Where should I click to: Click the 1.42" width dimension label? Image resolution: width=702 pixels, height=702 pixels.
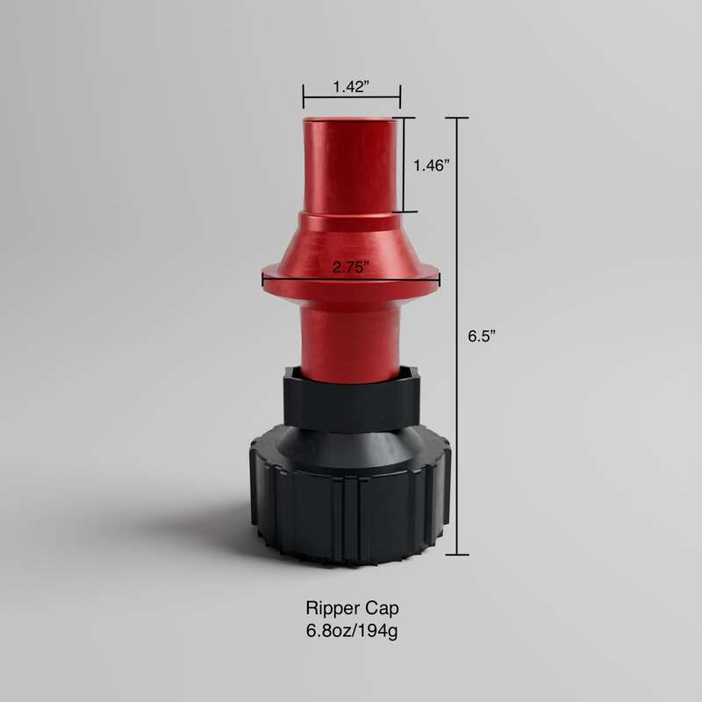(351, 87)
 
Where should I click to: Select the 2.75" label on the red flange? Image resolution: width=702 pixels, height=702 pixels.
(351, 269)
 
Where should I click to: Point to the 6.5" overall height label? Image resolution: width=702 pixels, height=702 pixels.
(481, 335)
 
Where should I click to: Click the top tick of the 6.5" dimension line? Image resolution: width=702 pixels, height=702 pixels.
(456, 118)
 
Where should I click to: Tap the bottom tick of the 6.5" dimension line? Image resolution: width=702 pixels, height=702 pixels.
(456, 555)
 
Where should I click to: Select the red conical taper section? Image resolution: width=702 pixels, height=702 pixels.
(351, 241)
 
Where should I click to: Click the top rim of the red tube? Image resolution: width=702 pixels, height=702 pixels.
(351, 119)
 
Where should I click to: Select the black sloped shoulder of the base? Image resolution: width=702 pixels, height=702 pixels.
(351, 448)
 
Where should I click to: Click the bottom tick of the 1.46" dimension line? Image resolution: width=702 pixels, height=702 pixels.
(405, 211)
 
